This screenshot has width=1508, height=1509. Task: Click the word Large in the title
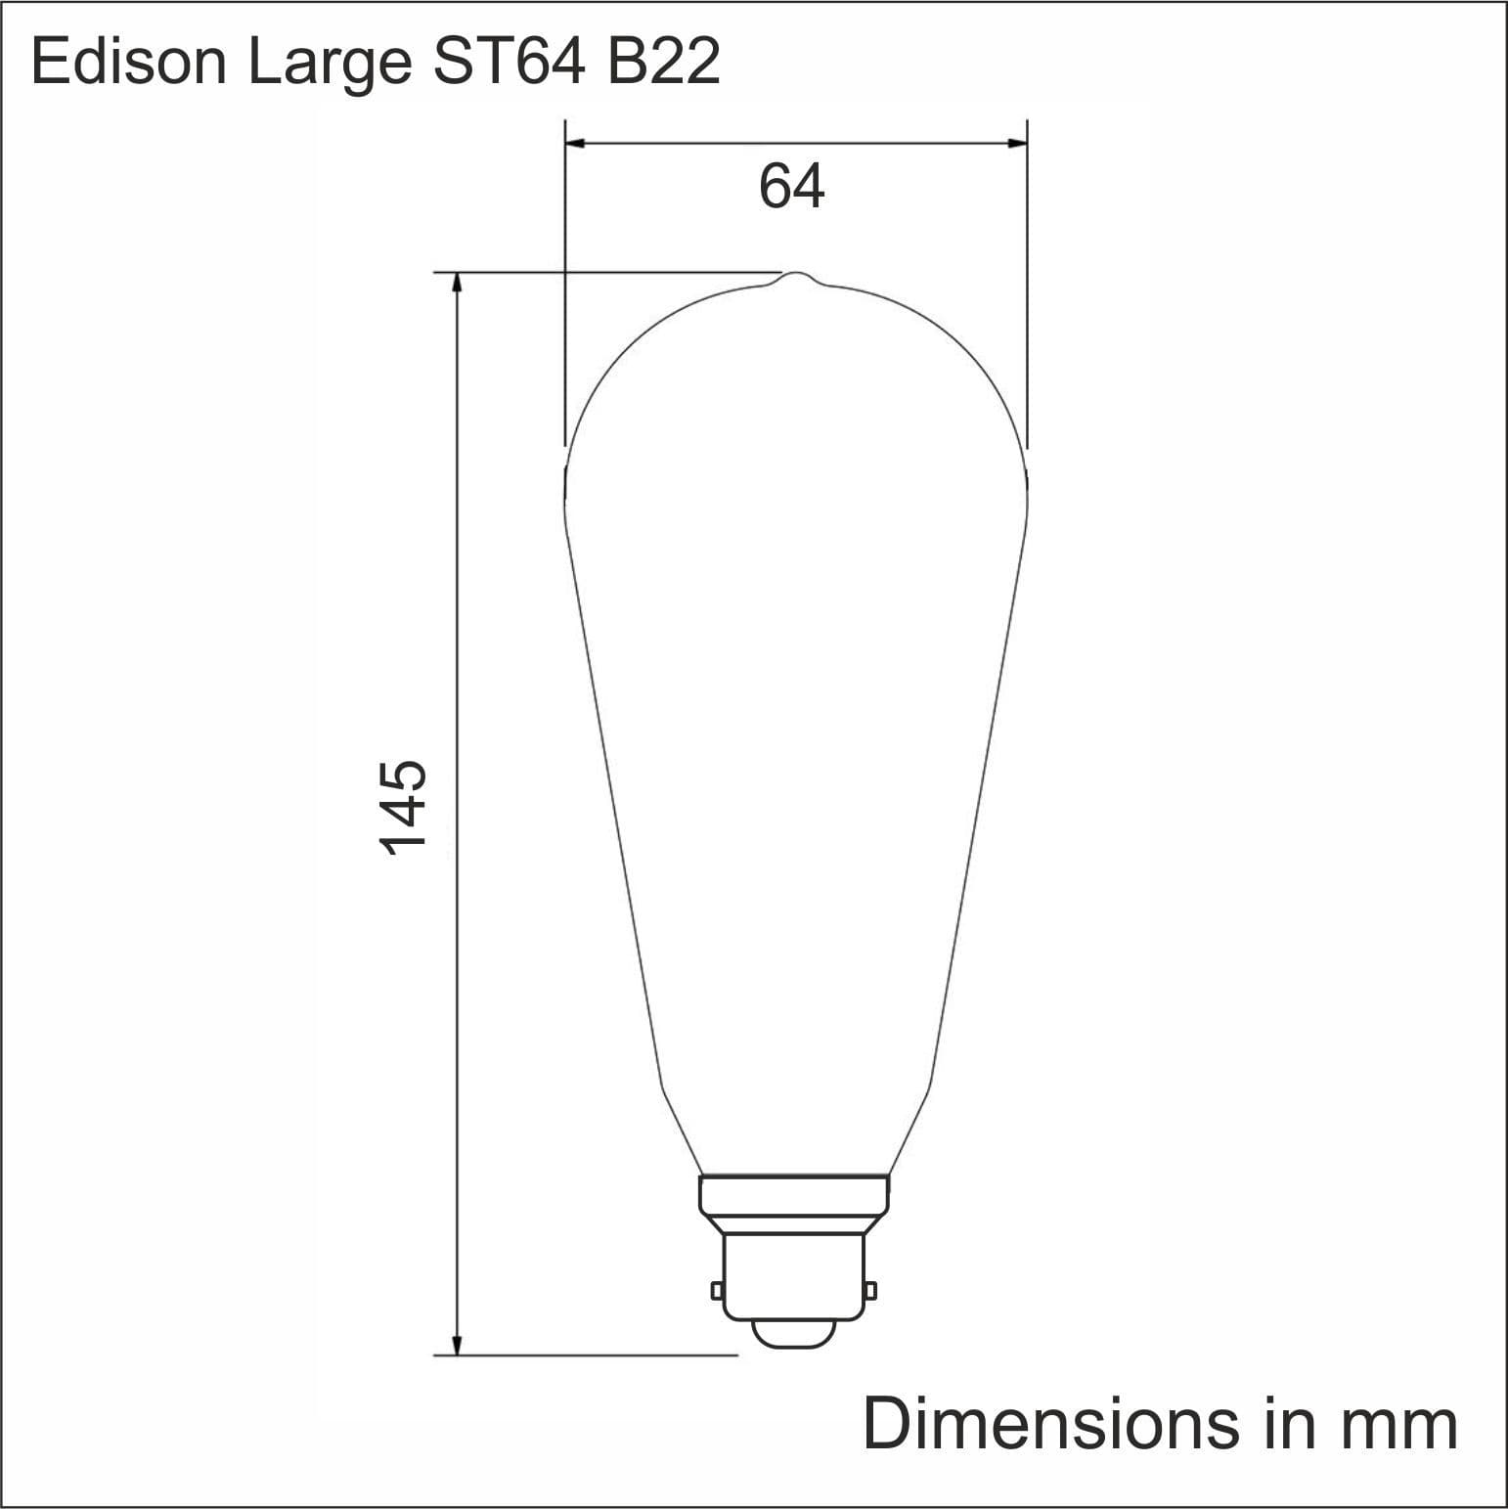(x=330, y=65)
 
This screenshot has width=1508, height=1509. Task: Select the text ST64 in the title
(x=510, y=63)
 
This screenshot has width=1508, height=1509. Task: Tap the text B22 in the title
(x=664, y=63)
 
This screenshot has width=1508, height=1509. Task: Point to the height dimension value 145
(x=402, y=810)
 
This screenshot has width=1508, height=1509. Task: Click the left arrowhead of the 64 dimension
(x=576, y=145)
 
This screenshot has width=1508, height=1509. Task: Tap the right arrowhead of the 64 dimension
(x=1017, y=145)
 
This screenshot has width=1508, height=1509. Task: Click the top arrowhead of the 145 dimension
(x=456, y=283)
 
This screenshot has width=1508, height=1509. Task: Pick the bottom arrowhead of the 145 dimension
(x=456, y=1345)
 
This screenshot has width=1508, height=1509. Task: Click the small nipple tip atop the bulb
(x=796, y=276)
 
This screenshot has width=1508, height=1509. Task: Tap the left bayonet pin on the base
(x=717, y=1291)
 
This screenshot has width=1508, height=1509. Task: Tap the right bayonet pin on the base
(x=870, y=1291)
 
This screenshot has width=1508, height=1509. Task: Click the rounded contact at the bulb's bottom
(x=794, y=1334)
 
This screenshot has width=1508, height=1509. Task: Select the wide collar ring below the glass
(x=794, y=1193)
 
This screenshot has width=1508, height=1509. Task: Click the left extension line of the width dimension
(x=565, y=293)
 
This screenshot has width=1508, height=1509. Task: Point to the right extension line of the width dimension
(x=1027, y=293)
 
